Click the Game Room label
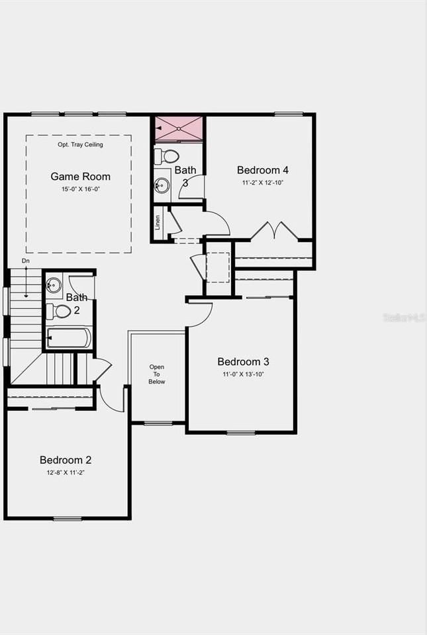[x=80, y=177]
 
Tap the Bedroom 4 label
[x=262, y=170]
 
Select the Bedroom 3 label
[x=243, y=362]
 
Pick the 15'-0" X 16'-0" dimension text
[x=80, y=189]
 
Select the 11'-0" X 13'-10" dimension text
[x=243, y=374]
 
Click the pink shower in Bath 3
[x=179, y=128]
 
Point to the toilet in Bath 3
[x=166, y=157]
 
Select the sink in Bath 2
[x=54, y=286]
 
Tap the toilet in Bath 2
[x=60, y=311]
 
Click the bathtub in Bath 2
[x=68, y=338]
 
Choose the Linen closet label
[x=158, y=222]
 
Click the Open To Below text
[x=157, y=374]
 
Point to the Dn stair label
[x=26, y=261]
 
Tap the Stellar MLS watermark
[x=404, y=318]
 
